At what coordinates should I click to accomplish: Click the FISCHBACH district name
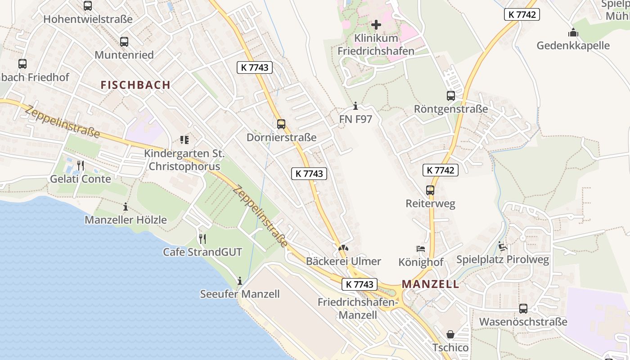pyautogui.click(x=135, y=85)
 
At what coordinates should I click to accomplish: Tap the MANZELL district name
pyautogui.click(x=431, y=284)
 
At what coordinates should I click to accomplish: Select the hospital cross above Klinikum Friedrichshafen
pyautogui.click(x=376, y=24)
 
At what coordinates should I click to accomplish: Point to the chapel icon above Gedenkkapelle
pyautogui.click(x=573, y=32)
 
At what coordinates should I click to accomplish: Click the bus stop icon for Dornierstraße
pyautogui.click(x=281, y=124)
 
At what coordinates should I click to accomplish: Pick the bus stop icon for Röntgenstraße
pyautogui.click(x=450, y=95)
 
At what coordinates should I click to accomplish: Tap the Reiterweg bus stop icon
pyautogui.click(x=430, y=190)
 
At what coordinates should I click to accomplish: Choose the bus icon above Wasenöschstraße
pyautogui.click(x=523, y=309)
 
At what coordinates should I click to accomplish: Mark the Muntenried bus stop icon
pyautogui.click(x=124, y=42)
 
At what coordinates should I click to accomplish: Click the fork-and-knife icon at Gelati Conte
pyautogui.click(x=80, y=166)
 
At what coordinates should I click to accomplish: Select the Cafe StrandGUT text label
pyautogui.click(x=202, y=252)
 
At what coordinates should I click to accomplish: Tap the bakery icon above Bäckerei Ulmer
pyautogui.click(x=343, y=248)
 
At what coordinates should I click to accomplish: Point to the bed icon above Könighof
pyautogui.click(x=420, y=248)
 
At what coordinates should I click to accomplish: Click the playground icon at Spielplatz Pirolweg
pyautogui.click(x=502, y=246)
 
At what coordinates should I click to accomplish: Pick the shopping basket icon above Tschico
pyautogui.click(x=450, y=334)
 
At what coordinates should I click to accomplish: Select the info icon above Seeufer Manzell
pyautogui.click(x=239, y=281)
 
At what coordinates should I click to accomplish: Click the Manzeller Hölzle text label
pyautogui.click(x=126, y=220)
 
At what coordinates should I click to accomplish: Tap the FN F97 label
pyautogui.click(x=355, y=119)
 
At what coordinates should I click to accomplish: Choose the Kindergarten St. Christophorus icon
pyautogui.click(x=184, y=140)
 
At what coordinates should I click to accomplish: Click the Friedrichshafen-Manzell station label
pyautogui.click(x=358, y=308)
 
